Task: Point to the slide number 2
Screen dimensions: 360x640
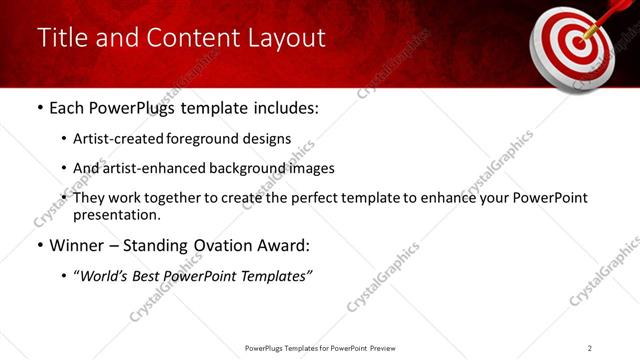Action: (x=590, y=347)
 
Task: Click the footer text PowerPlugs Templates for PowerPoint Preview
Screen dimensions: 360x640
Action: (x=319, y=347)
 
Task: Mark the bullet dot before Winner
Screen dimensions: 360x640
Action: (x=39, y=246)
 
